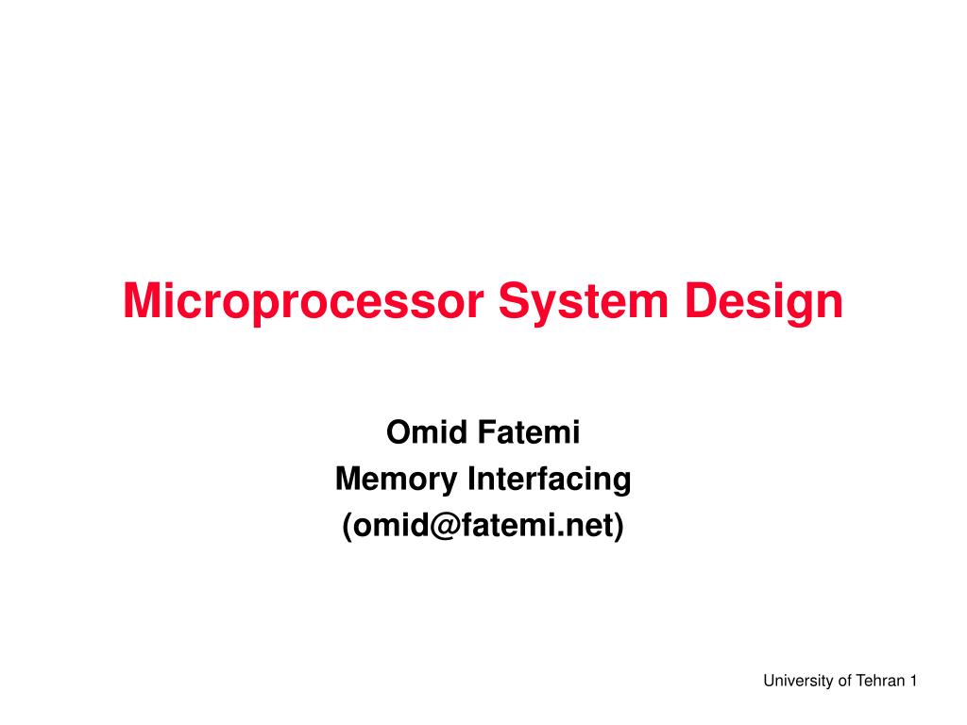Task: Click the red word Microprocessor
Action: [x=303, y=302]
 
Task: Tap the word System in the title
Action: [x=584, y=302]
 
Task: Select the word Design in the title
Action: [x=763, y=302]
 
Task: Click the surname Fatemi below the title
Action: [x=530, y=431]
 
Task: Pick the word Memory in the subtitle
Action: [x=396, y=479]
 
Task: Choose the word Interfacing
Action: [x=550, y=479]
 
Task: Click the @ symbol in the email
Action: [x=446, y=526]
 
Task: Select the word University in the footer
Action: [x=800, y=681]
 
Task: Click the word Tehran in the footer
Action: [x=881, y=681]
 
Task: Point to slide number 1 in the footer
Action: [x=913, y=681]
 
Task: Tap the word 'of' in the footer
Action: [x=846, y=681]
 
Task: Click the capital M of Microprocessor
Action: [x=141, y=300]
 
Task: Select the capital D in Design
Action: [x=702, y=300]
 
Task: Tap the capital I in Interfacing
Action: [x=472, y=479]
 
